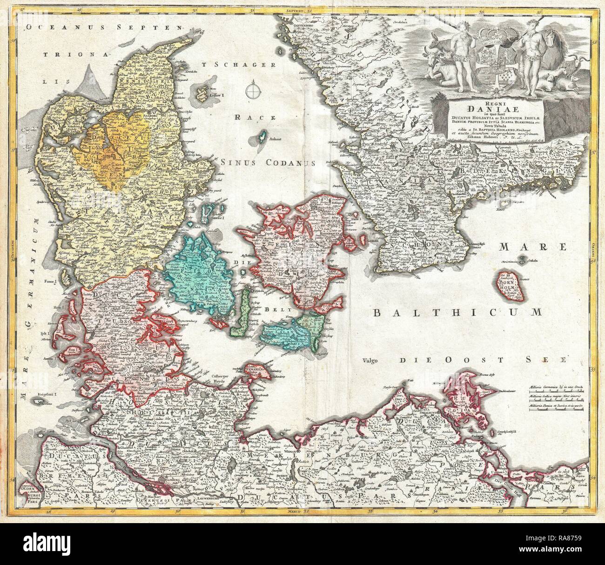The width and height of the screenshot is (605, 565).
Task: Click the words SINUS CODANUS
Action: (x=269, y=162)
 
